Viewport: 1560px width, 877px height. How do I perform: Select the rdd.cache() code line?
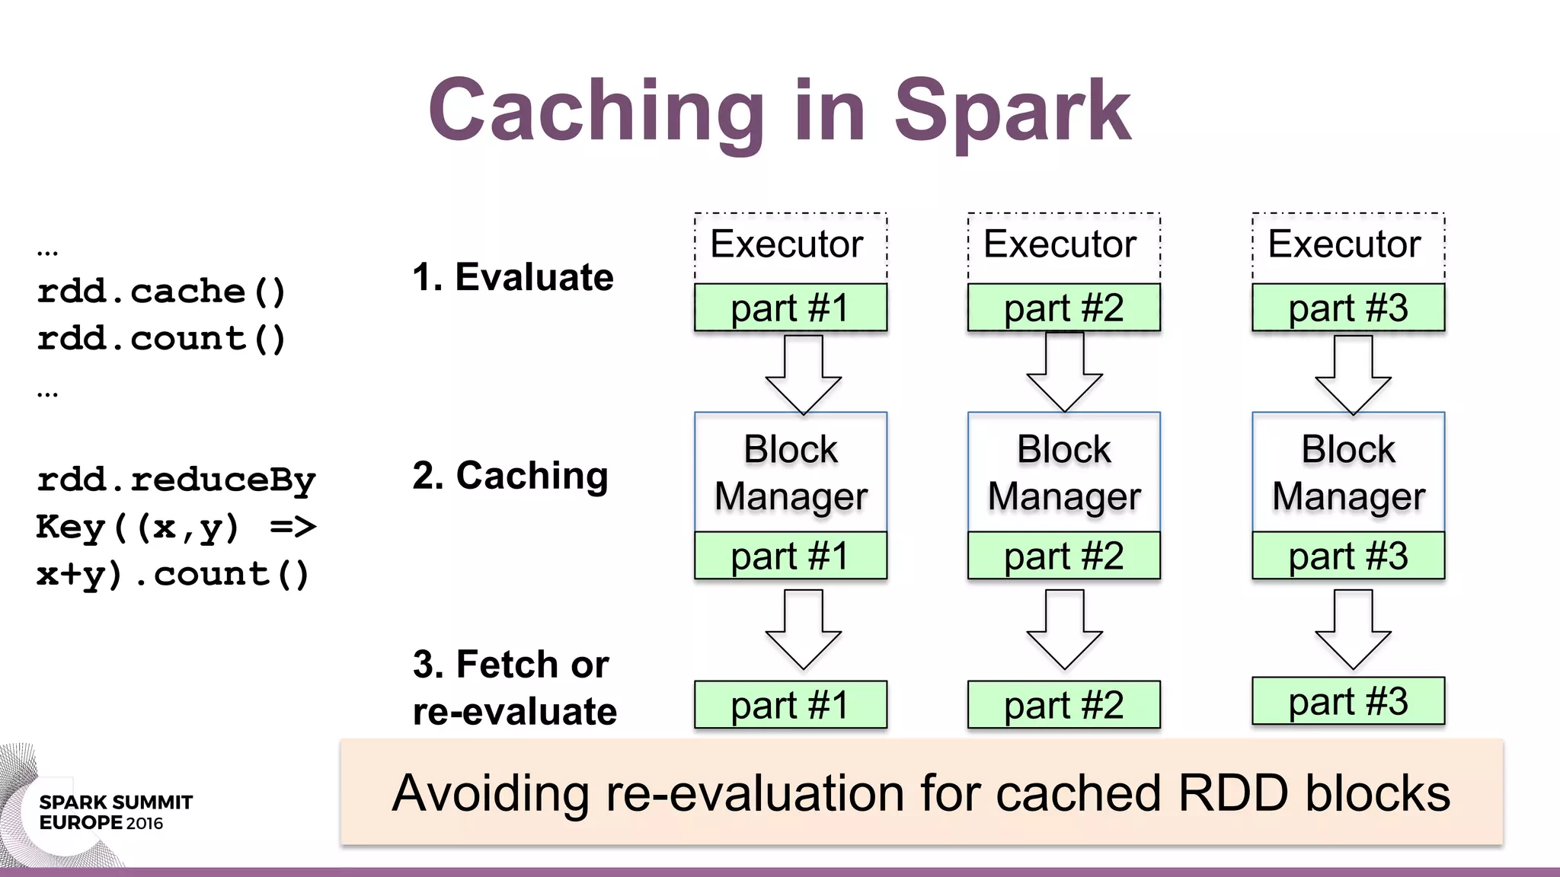[161, 292]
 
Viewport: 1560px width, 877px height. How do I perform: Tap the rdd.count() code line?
[161, 339]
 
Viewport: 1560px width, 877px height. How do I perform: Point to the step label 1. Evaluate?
[513, 277]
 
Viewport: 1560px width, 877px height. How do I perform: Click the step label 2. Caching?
[510, 476]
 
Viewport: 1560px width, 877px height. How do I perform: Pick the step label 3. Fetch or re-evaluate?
[514, 687]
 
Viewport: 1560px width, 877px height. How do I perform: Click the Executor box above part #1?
[791, 245]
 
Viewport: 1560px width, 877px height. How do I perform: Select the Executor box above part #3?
[1348, 245]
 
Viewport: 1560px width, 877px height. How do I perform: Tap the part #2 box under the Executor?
[1063, 308]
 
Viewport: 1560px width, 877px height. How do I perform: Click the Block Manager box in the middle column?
[1063, 472]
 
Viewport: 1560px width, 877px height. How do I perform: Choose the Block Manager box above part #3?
[1348, 472]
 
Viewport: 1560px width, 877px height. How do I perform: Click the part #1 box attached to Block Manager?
[791, 556]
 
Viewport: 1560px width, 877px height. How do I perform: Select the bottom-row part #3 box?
[1348, 701]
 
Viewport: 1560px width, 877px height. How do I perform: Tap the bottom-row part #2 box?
[1063, 705]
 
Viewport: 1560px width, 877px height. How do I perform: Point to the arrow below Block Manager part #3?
[1353, 629]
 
